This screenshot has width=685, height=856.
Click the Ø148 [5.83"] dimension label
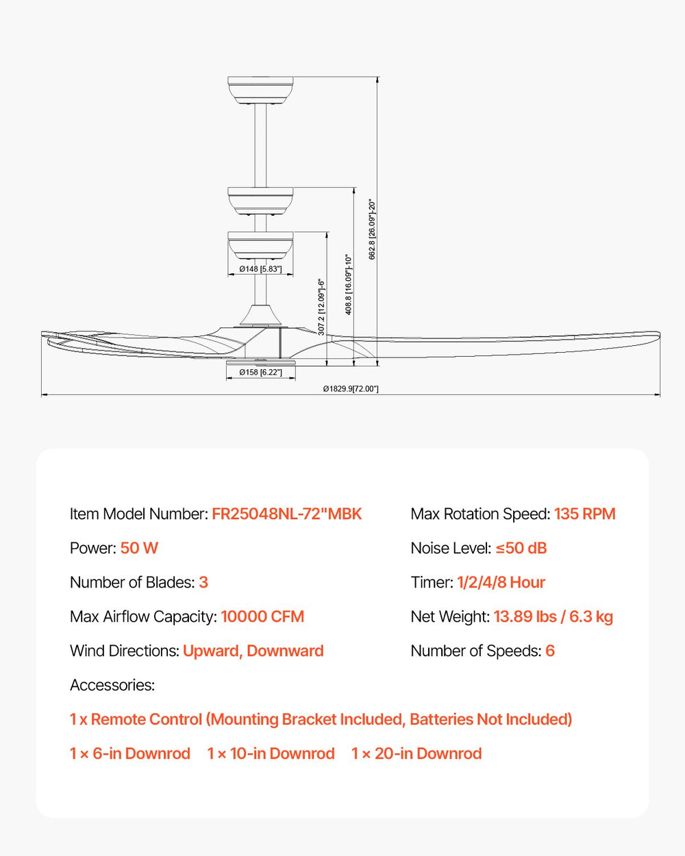260,269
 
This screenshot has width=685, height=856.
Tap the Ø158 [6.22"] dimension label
260,373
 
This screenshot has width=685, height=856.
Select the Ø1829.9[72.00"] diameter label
351,389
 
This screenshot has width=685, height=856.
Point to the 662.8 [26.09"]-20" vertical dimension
373,229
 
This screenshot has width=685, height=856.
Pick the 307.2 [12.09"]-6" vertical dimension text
321,306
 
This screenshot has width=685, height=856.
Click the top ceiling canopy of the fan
260,90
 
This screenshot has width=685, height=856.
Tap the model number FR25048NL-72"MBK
286,514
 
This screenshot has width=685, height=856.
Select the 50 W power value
139,549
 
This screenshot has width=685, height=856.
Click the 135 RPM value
584,514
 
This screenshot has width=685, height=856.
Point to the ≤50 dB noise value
521,549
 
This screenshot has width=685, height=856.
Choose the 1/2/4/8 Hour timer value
501,583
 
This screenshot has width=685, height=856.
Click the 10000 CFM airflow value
262,617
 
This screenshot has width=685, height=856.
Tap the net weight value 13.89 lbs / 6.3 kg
553,617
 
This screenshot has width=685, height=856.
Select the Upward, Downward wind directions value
253,651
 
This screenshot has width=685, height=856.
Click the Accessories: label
112,685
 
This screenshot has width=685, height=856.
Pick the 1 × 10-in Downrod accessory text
271,754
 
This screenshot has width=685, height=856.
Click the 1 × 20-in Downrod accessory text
416,754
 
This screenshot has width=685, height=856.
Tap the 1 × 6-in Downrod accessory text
130,754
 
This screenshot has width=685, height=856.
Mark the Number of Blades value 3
203,583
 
